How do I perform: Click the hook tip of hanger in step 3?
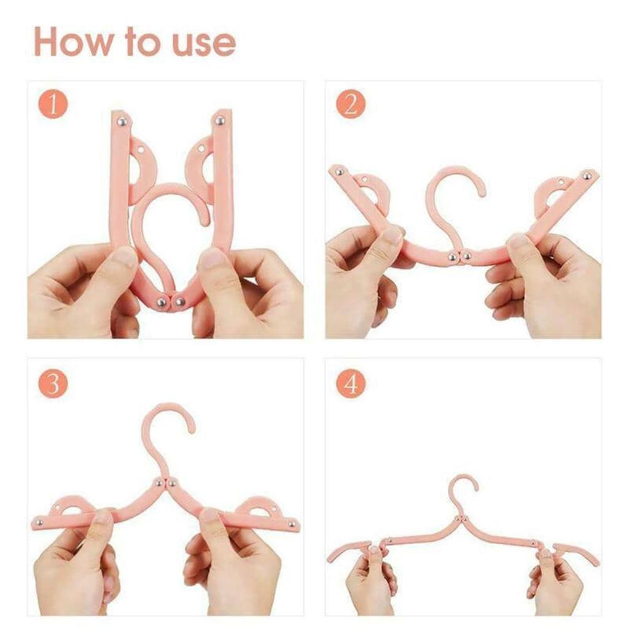192,428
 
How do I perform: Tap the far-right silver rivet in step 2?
587,176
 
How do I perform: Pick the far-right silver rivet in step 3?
292,524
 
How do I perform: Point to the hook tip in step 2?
480,192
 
